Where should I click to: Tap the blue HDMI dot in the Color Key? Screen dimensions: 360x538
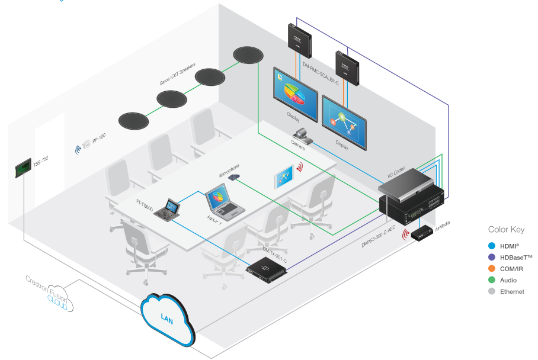(491, 246)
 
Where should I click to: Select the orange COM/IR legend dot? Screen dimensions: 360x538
(491, 268)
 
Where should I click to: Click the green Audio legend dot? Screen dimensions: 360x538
(491, 280)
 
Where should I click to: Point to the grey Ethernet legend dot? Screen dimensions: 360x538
(491, 291)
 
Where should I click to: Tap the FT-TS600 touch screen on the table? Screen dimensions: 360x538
(170, 210)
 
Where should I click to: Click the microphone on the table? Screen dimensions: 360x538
(233, 176)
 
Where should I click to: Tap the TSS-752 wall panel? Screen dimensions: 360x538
(23, 167)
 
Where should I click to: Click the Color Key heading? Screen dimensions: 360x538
(506, 230)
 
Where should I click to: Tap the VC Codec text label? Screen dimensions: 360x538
(398, 174)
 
